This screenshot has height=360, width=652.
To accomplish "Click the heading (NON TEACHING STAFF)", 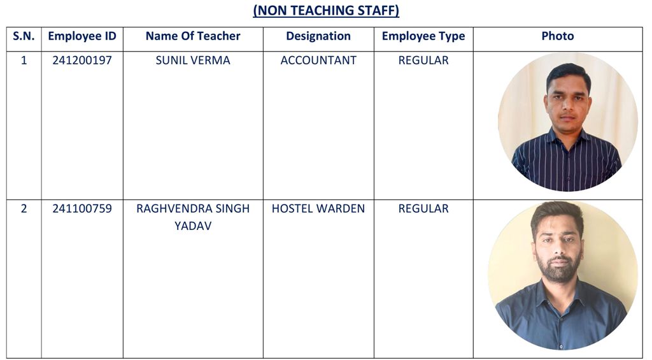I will pyautogui.click(x=326, y=11).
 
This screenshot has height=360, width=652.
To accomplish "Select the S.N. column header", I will pyautogui.click(x=24, y=36).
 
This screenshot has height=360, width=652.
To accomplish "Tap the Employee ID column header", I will pyautogui.click(x=82, y=36).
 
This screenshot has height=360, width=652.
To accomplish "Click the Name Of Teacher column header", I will pyautogui.click(x=193, y=36).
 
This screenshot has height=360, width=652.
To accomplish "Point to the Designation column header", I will pyautogui.click(x=318, y=36).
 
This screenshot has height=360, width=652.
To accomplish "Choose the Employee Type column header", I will pyautogui.click(x=423, y=36).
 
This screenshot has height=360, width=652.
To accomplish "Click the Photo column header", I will pyautogui.click(x=558, y=36).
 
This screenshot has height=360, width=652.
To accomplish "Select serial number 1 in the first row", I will pyautogui.click(x=24, y=61).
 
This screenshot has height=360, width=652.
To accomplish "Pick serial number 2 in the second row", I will pyautogui.click(x=24, y=209).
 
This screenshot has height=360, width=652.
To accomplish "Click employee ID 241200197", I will pyautogui.click(x=82, y=61).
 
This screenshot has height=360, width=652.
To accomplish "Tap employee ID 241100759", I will pyautogui.click(x=82, y=209).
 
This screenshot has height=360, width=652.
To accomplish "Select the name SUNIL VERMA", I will pyautogui.click(x=193, y=61).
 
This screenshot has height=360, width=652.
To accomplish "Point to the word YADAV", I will pyautogui.click(x=193, y=226).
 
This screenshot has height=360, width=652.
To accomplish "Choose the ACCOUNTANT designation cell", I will pyautogui.click(x=318, y=61).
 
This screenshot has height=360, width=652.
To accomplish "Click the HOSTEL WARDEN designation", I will pyautogui.click(x=318, y=209).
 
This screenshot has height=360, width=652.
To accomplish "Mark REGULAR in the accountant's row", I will pyautogui.click(x=423, y=61).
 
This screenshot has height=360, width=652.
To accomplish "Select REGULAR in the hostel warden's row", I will pyautogui.click(x=423, y=209).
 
